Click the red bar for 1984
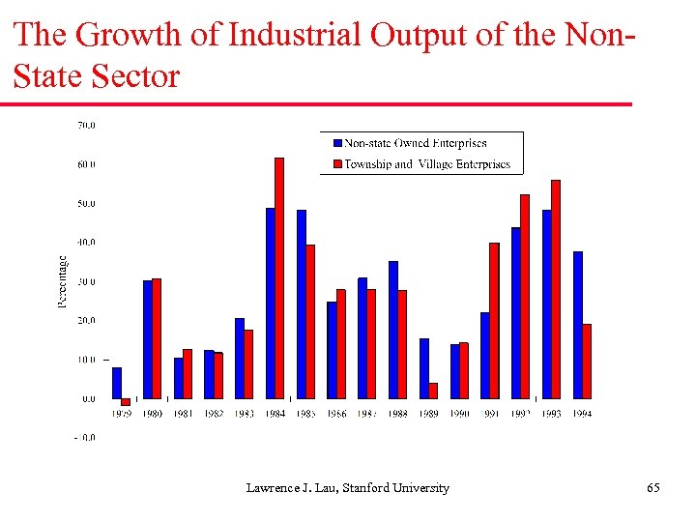279,277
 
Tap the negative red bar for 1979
126,401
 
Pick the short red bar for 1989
433,391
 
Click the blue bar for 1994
578,325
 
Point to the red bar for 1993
556,289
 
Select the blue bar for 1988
393,330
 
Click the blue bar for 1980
148,339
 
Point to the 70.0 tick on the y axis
86,125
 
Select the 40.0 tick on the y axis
86,242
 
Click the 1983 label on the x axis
244,413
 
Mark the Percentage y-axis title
63,281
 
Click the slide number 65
653,488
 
